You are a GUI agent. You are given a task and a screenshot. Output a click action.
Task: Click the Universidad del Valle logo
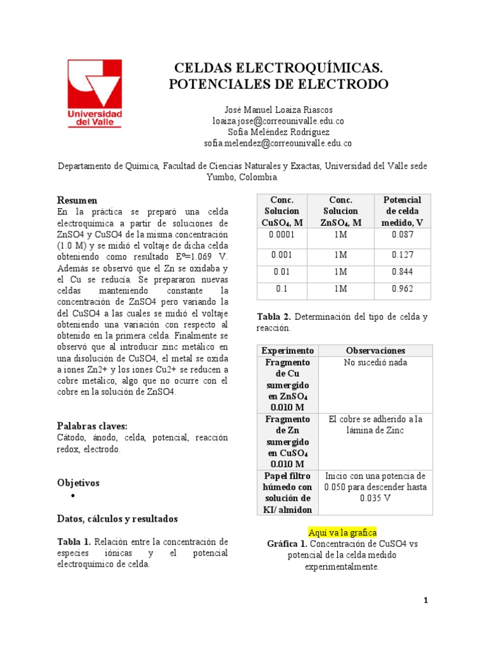click(95, 93)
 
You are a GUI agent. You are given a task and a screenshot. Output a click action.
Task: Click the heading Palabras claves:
click(92, 426)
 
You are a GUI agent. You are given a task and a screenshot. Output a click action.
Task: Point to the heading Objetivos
click(78, 483)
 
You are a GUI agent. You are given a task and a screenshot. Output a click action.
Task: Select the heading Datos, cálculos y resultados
click(117, 519)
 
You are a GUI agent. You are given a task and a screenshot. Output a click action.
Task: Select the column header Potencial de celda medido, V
click(402, 211)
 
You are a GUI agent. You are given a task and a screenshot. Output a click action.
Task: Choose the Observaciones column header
click(376, 350)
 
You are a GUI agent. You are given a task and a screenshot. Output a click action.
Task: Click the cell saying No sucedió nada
click(376, 363)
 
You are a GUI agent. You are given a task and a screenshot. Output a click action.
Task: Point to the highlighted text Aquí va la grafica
click(342, 532)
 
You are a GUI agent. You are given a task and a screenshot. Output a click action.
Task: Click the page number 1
click(426, 601)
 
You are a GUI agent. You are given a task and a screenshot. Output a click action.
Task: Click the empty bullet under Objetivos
click(74, 497)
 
